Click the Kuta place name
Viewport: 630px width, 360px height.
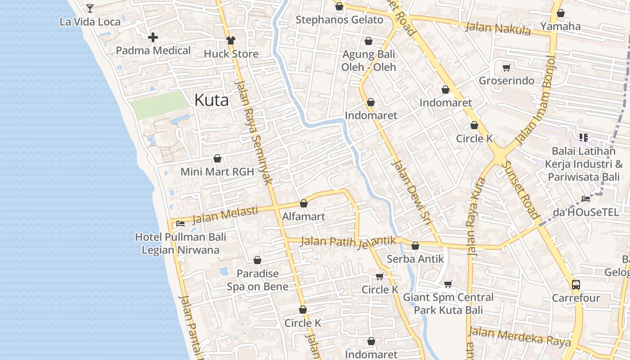(x=211, y=100)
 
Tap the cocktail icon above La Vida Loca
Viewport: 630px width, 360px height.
(x=90, y=8)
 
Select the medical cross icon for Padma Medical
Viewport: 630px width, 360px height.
(x=153, y=37)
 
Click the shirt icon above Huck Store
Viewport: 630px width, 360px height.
(x=231, y=40)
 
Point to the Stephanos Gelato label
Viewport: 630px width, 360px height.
(x=339, y=20)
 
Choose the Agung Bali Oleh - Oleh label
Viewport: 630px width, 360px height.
(x=369, y=61)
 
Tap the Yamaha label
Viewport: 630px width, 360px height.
(x=560, y=26)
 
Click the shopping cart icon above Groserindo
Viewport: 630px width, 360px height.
(x=507, y=67)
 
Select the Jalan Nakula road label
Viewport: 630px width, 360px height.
(x=498, y=28)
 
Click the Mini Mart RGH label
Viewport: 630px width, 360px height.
(x=217, y=171)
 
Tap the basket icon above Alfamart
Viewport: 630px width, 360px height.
(x=304, y=203)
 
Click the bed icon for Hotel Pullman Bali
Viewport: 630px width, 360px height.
(x=180, y=223)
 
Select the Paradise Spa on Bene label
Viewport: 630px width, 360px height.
(x=257, y=280)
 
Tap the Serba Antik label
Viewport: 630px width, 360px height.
(x=415, y=259)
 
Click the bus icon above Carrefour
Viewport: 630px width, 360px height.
(x=576, y=284)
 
